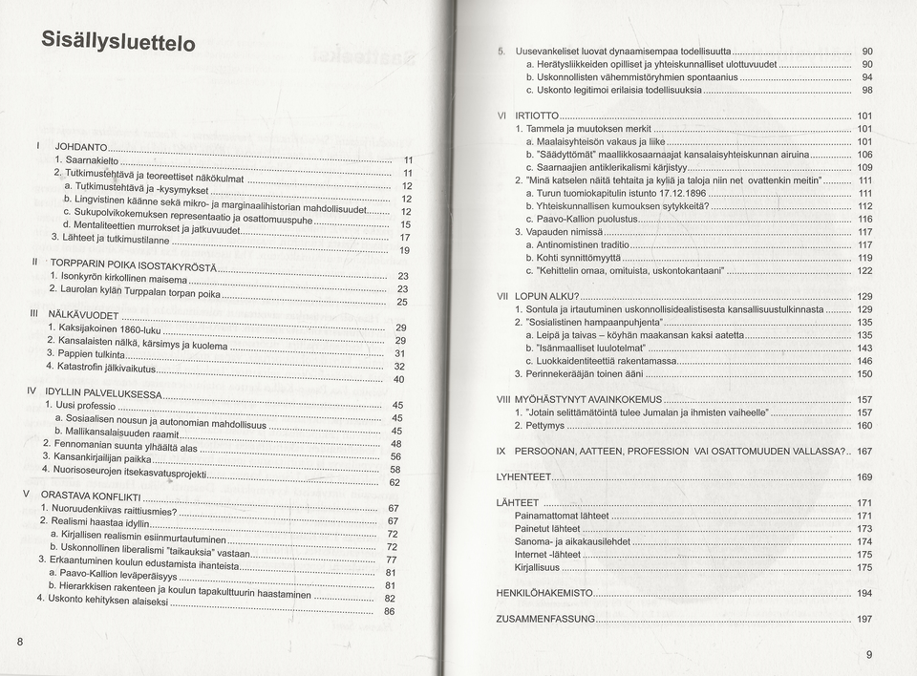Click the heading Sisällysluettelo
click(x=118, y=41)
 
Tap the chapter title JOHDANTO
click(x=81, y=147)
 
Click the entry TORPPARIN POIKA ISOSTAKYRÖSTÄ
click(x=134, y=263)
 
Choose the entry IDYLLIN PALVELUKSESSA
click(x=103, y=392)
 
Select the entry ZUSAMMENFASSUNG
click(x=544, y=620)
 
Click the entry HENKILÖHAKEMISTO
click(x=544, y=593)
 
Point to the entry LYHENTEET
click(x=523, y=476)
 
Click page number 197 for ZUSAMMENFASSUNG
click(x=864, y=620)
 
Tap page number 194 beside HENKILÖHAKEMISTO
click(x=864, y=593)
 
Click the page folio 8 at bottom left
click(x=20, y=641)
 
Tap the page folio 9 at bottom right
click(x=869, y=654)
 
